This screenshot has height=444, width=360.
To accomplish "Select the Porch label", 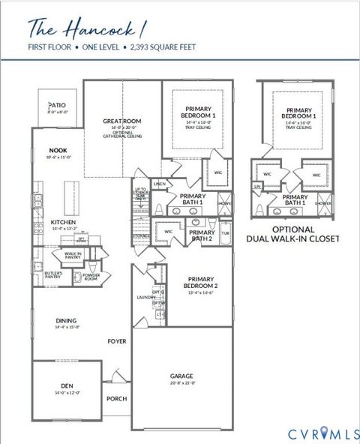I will point(116,399).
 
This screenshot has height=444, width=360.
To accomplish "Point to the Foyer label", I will point(116,341).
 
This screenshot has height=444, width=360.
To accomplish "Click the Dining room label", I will point(66,320).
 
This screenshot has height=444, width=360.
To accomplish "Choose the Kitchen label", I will point(62,223).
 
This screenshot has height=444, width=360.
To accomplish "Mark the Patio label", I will point(58,106).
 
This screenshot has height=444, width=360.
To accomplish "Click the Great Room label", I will point(121,121).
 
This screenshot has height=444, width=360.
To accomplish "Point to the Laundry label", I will point(145,297).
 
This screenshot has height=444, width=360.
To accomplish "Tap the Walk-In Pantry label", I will point(73,256).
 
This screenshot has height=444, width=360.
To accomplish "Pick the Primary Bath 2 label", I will point(199,235).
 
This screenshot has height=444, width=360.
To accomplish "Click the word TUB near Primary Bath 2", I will point(226,233).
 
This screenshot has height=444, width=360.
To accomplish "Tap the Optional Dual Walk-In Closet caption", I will point(294,234).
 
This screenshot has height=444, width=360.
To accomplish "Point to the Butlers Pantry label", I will point(52,275).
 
